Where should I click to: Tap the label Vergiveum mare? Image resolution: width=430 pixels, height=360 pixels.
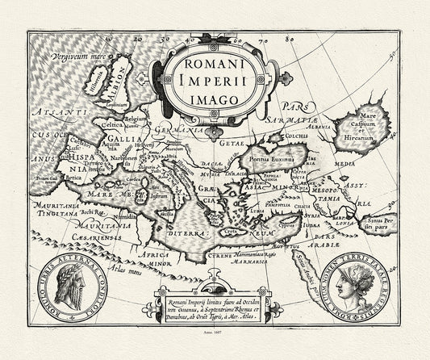pos(78,59)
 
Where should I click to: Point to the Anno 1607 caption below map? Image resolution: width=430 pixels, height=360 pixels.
pos(214,342)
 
